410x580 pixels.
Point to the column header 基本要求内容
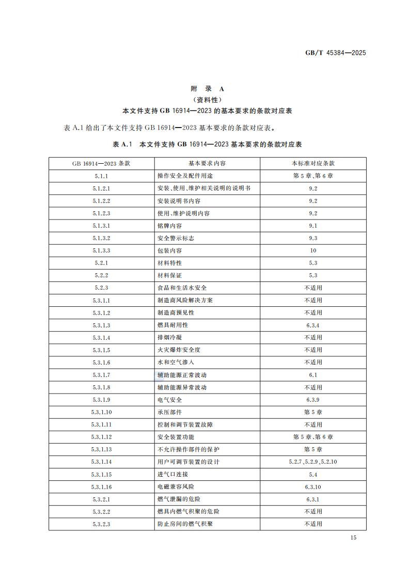click(207, 163)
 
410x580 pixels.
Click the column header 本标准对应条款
click(313, 163)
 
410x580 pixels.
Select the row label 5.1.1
click(102, 176)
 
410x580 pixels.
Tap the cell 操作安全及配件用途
click(186, 176)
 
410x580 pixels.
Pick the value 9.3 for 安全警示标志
click(313, 238)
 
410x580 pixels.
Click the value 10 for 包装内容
click(313, 250)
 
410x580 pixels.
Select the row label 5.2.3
click(102, 288)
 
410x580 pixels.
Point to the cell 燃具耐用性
click(173, 325)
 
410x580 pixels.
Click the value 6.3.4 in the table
click(313, 325)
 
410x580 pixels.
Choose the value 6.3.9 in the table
click(313, 400)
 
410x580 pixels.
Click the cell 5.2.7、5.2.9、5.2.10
click(313, 462)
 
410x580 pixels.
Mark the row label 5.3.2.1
click(102, 499)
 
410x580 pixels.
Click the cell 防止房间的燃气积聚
click(185, 524)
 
